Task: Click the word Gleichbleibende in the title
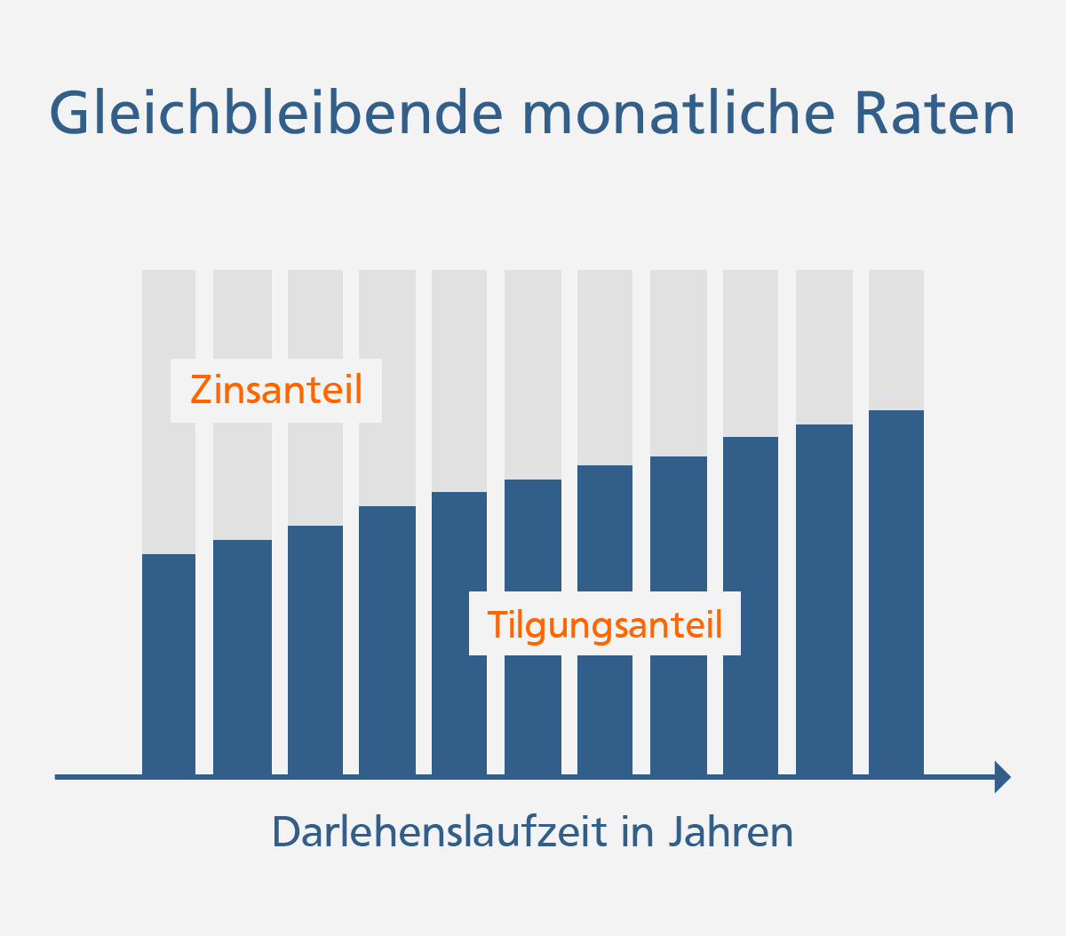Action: pyautogui.click(x=275, y=113)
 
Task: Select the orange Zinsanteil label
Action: pyautogui.click(x=276, y=391)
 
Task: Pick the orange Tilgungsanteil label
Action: pyautogui.click(x=604, y=624)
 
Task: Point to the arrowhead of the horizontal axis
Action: pyautogui.click(x=1003, y=777)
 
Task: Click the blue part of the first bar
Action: pyautogui.click(x=169, y=666)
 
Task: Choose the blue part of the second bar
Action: pyautogui.click(x=243, y=657)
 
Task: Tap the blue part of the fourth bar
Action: pyautogui.click(x=387, y=639)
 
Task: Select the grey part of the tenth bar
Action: pyautogui.click(x=824, y=346)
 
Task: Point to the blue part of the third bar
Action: pyautogui.click(x=315, y=648)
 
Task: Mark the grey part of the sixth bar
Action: pyautogui.click(x=533, y=374)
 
